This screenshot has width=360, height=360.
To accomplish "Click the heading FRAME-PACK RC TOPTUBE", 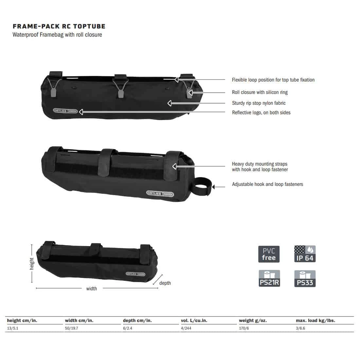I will tap(59, 26).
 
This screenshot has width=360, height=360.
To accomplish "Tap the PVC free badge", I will tap(269, 254).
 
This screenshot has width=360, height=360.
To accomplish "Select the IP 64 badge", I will tap(305, 254).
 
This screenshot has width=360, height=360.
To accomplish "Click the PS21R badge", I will tap(269, 279).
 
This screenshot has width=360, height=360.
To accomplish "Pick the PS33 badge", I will tap(305, 279).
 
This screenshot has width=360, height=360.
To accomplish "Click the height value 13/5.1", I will tap(13, 328).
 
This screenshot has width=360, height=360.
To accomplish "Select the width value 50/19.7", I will tap(72, 328).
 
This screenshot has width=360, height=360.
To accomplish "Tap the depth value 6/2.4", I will tap(128, 328).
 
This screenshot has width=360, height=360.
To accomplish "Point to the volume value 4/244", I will tap(186, 328).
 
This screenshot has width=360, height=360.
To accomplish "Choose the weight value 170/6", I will tap(244, 328).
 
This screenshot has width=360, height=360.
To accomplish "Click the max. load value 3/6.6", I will tap(300, 328).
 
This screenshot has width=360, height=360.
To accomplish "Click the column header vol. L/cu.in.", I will tap(194, 321).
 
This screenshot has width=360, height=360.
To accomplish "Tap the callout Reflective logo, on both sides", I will tap(261, 113).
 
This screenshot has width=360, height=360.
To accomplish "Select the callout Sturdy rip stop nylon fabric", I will tap(259, 103).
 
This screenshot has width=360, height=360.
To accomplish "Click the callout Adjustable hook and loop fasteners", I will tap(267, 184).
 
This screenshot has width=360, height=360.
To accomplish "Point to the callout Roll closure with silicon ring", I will tap(260, 92).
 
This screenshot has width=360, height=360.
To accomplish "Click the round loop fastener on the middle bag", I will tap(202, 188).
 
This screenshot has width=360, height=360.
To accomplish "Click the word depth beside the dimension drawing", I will tap(165, 283).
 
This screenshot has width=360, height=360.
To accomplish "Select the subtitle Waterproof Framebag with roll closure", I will tap(57, 35).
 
